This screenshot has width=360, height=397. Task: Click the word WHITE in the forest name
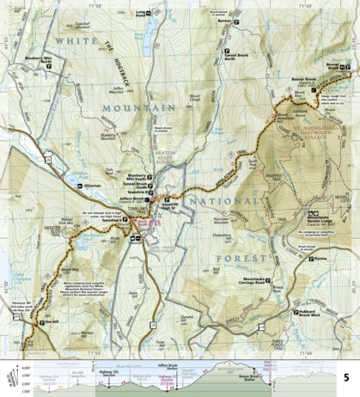tap(74, 41)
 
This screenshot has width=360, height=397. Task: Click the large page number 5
tap(346, 376)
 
